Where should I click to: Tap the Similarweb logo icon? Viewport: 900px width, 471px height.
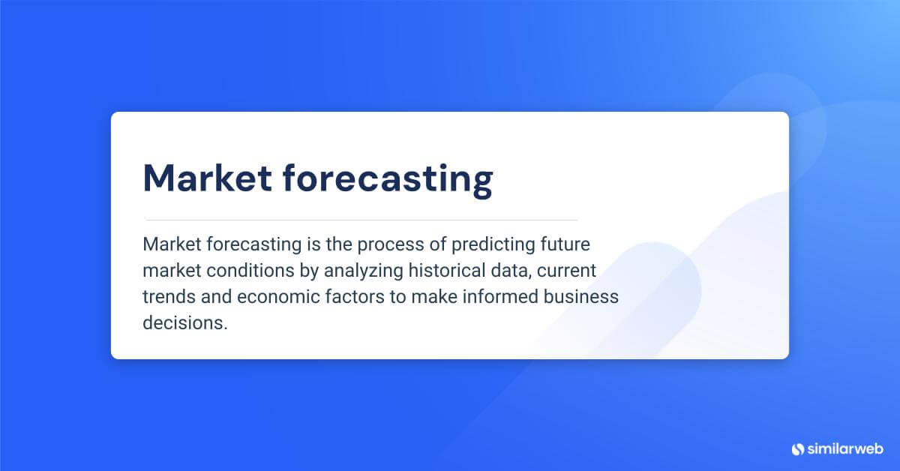click(797, 448)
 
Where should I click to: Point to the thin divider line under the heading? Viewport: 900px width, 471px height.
click(360, 220)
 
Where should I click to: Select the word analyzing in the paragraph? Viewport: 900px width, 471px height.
click(354, 271)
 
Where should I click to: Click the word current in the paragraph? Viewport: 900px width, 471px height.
click(568, 271)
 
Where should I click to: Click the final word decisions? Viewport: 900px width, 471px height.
click(184, 322)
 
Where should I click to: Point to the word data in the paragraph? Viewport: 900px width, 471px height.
click(512, 271)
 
